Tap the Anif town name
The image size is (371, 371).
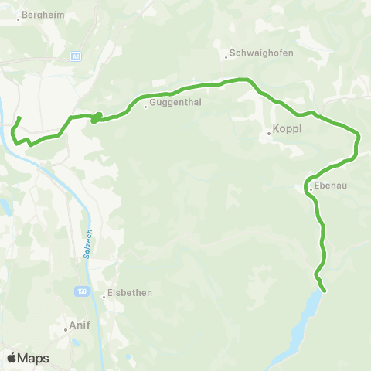(x=80, y=326)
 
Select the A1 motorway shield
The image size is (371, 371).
(x=76, y=56)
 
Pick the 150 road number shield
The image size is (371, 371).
(x=82, y=291)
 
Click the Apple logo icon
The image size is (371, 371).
(x=13, y=358)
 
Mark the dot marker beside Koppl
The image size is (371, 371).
(x=269, y=133)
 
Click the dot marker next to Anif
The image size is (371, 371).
(x=66, y=328)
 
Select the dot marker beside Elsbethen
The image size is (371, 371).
(x=104, y=295)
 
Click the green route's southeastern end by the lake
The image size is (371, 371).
(x=325, y=291)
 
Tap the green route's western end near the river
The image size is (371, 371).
(x=19, y=117)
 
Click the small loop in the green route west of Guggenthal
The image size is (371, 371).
(x=97, y=118)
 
